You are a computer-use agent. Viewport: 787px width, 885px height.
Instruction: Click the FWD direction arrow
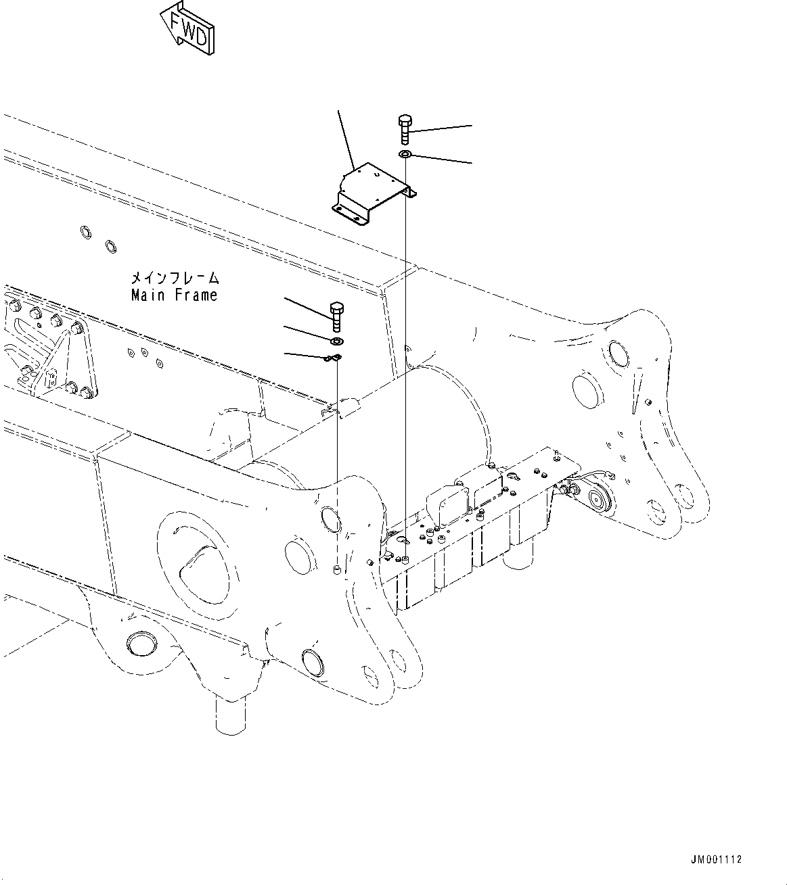click(187, 27)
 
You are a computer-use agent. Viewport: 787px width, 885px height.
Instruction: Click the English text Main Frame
click(174, 295)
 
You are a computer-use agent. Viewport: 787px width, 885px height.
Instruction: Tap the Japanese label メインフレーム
click(175, 278)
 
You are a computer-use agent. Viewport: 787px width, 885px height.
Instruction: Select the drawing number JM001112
click(716, 860)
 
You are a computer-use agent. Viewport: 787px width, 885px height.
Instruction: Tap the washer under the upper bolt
click(405, 156)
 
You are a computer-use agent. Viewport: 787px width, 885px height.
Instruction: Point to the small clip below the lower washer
click(334, 358)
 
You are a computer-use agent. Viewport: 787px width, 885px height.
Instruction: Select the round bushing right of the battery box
click(597, 499)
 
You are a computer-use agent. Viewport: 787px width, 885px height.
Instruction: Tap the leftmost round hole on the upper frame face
click(86, 234)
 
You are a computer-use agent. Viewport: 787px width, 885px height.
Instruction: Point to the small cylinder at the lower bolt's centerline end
click(337, 572)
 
